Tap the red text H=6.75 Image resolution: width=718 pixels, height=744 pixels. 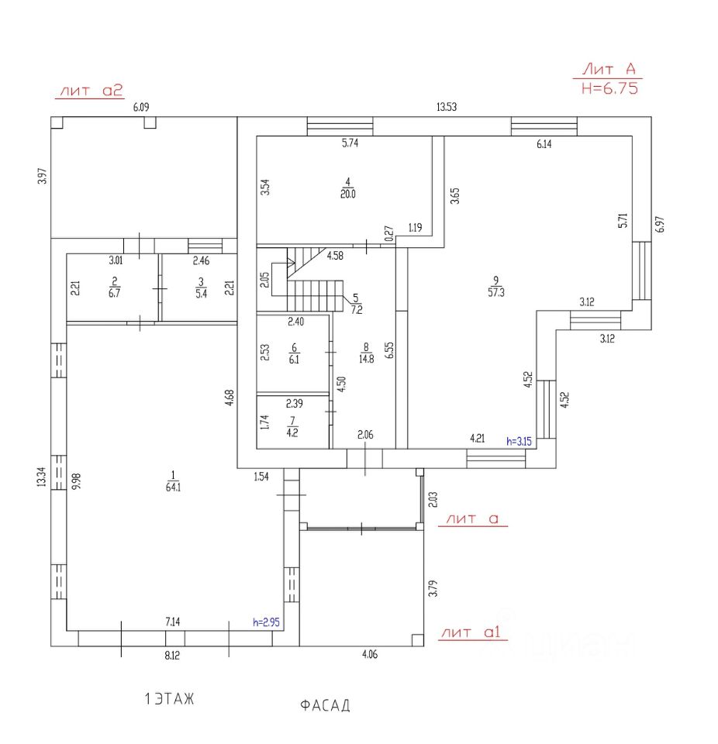click(609, 88)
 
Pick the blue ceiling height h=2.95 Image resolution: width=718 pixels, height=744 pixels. click(267, 622)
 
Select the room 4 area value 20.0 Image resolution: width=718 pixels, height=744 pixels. click(347, 194)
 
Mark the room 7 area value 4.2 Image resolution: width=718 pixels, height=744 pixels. click(294, 432)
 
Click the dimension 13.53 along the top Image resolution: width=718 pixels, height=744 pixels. click(445, 108)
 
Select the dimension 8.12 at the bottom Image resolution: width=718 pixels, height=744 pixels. click(174, 655)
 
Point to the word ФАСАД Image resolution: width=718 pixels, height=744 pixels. click(325, 705)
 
